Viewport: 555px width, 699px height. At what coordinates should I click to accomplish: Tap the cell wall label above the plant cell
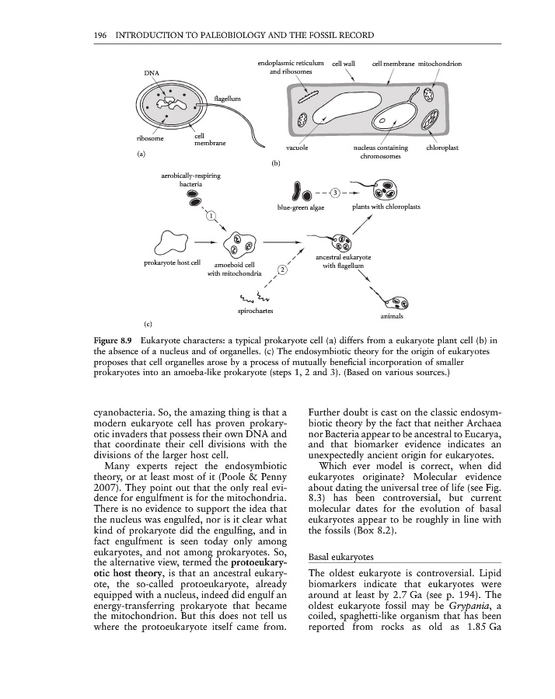point(345,63)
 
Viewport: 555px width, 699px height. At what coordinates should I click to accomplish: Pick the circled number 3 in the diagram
point(335,192)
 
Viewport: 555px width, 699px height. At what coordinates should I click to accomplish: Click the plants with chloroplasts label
point(386,207)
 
